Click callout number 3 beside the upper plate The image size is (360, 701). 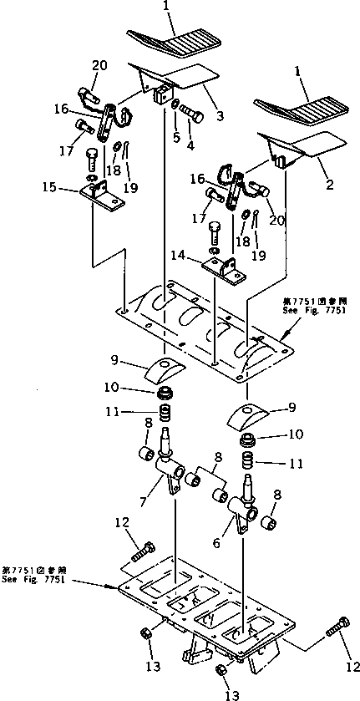point(220,116)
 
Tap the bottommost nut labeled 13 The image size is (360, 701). point(222,671)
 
